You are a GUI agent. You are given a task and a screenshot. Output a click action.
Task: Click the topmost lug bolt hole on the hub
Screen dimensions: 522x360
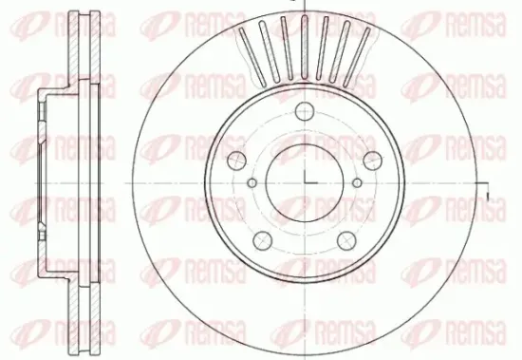tap(305, 111)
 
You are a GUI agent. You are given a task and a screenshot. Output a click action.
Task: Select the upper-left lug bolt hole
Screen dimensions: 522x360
tap(236, 161)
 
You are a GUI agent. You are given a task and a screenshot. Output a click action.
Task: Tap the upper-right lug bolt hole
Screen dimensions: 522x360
tap(373, 161)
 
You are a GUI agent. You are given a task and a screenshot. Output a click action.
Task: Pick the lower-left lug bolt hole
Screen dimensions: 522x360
tap(263, 240)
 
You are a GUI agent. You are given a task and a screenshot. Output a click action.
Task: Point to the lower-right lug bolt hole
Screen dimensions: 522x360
tap(346, 240)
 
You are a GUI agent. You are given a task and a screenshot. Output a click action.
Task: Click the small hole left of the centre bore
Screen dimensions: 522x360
tap(252, 182)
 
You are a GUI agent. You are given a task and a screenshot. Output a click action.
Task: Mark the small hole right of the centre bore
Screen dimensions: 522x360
tap(357, 182)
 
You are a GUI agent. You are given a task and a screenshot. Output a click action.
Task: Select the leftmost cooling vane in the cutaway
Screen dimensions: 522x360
tap(252, 55)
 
